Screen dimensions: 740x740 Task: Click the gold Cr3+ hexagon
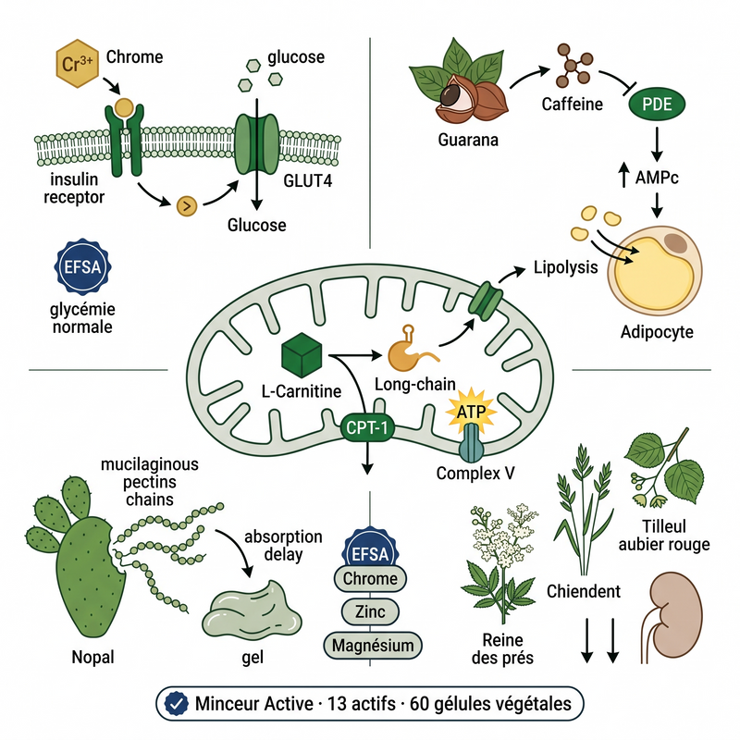point(78,64)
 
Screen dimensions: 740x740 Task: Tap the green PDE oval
point(657,105)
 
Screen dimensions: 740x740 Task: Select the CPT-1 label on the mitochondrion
point(367,427)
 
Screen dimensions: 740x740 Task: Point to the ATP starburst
point(472,411)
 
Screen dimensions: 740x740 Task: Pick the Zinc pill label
point(370,611)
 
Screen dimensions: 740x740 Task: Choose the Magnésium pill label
point(373,645)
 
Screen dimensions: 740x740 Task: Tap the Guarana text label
point(468,140)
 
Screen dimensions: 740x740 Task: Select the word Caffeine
point(572,105)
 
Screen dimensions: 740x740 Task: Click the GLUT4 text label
point(308,180)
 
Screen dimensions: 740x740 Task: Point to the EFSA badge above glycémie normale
point(82,267)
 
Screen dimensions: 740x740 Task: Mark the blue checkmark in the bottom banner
point(177,704)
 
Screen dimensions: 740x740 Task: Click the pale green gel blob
point(252,610)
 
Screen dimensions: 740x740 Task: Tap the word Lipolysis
point(565,267)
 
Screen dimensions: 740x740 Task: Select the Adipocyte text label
point(657,332)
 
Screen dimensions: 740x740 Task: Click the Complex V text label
point(475,473)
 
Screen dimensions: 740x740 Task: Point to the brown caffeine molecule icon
point(573,66)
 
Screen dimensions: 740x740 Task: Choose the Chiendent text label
point(584,591)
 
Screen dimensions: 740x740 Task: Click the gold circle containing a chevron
point(187,205)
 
